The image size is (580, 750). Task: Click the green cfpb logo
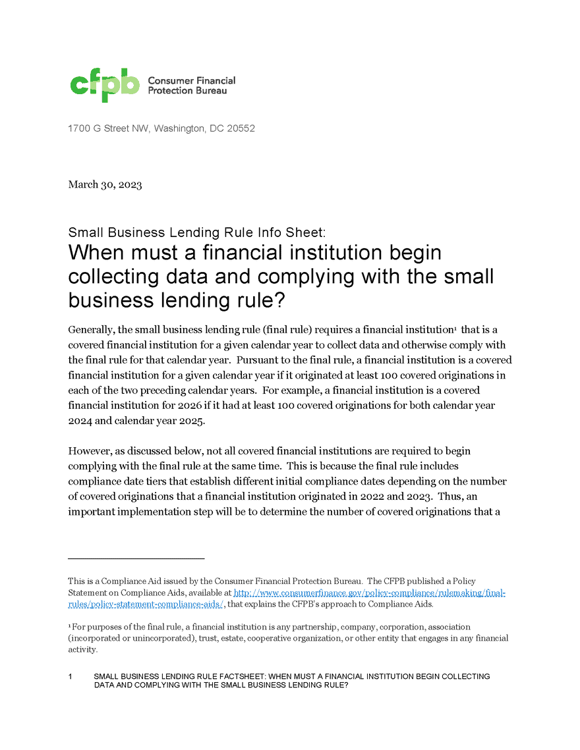(x=105, y=85)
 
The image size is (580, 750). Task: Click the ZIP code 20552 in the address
(x=241, y=128)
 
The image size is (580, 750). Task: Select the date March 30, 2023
(x=105, y=184)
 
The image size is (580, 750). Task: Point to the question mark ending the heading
(x=279, y=300)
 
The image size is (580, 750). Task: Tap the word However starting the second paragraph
(x=89, y=451)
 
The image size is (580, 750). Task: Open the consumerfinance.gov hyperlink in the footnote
(x=369, y=593)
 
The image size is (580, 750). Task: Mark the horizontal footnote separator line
(x=136, y=558)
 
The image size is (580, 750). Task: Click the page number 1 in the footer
(x=70, y=676)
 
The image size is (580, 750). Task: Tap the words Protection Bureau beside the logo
(x=187, y=90)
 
